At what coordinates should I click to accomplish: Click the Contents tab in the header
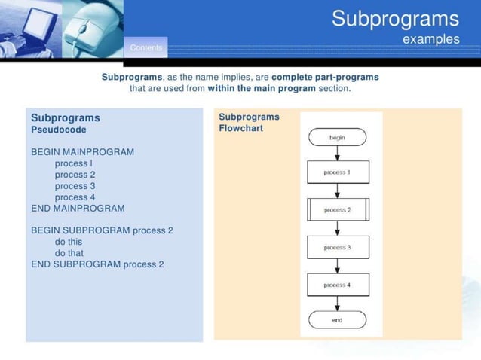click(146, 48)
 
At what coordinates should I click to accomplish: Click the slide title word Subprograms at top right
click(395, 19)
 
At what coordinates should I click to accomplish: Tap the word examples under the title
click(430, 39)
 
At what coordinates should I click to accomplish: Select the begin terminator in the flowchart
click(337, 138)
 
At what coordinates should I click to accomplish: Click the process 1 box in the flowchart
click(337, 172)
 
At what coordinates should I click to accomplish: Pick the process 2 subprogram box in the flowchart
click(337, 210)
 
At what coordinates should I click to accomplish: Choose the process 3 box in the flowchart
click(337, 247)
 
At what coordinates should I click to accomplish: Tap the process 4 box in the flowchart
click(337, 285)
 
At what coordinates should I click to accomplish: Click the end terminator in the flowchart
click(337, 320)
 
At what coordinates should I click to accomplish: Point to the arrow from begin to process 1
click(337, 154)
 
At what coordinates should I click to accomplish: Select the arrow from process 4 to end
click(337, 303)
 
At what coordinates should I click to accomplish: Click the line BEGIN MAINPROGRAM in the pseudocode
click(82, 152)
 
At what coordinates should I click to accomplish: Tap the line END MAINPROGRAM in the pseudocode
click(78, 209)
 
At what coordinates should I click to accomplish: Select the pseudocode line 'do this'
click(69, 242)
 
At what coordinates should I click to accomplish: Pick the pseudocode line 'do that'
click(69, 253)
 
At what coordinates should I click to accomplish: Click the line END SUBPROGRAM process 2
click(97, 264)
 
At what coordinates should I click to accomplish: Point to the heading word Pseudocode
click(58, 130)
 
